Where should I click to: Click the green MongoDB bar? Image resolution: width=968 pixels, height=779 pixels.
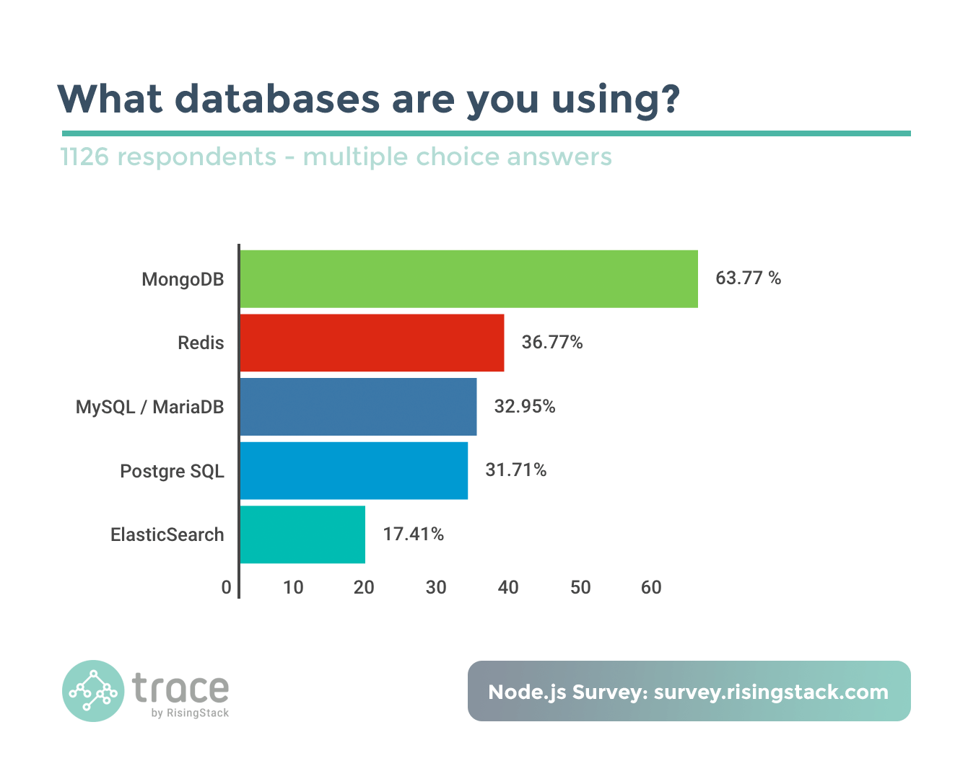(468, 279)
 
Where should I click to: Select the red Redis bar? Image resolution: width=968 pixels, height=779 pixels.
(372, 343)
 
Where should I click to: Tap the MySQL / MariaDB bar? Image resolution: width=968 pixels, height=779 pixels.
(358, 407)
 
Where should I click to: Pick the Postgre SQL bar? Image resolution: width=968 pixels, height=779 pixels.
(354, 470)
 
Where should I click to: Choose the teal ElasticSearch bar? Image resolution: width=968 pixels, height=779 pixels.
(302, 534)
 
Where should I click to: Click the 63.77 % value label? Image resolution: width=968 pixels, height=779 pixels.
(748, 278)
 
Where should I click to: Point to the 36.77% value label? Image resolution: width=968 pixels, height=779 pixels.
(552, 342)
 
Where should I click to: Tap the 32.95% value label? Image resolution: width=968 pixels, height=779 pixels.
(525, 407)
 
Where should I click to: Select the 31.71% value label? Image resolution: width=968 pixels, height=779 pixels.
(516, 470)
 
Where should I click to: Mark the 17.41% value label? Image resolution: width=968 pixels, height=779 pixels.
(414, 534)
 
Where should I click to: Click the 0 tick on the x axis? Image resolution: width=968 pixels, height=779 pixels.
(227, 588)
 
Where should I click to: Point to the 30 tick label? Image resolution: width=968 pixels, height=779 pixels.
(436, 588)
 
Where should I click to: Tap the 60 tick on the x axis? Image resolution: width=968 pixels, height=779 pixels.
(651, 588)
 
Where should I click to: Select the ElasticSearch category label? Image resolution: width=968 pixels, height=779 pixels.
(167, 535)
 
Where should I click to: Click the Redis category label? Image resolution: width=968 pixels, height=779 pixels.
(201, 343)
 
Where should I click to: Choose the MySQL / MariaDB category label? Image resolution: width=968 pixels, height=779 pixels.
(150, 408)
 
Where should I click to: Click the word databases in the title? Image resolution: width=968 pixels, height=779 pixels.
(277, 99)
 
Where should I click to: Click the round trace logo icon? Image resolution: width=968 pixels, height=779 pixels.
(93, 691)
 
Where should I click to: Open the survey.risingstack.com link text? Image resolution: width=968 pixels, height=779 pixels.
(771, 692)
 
